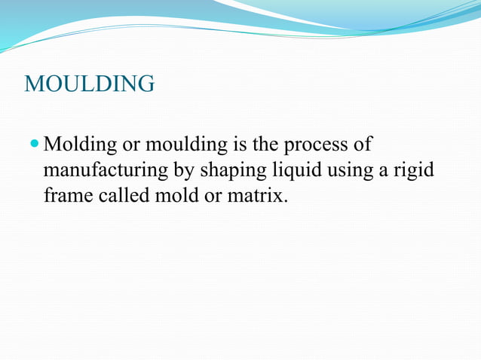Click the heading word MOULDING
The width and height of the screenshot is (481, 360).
[90, 84]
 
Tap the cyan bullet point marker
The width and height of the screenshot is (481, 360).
[35, 142]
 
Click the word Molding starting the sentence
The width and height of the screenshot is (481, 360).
[78, 144]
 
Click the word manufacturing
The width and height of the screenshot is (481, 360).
[106, 171]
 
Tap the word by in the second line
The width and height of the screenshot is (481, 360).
[184, 171]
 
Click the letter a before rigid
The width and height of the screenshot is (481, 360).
[383, 171]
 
